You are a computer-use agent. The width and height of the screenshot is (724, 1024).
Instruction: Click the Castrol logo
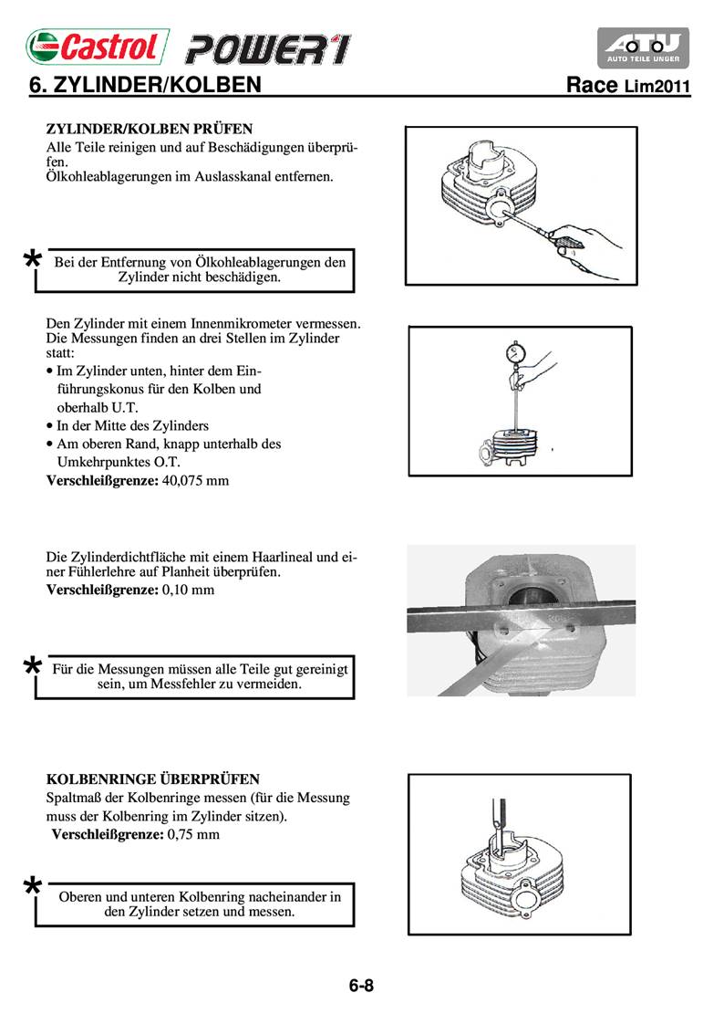pyautogui.click(x=97, y=46)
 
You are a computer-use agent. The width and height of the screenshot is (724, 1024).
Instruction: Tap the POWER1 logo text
pyautogui.click(x=267, y=47)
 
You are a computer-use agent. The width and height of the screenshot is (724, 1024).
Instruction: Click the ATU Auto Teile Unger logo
pyautogui.click(x=643, y=47)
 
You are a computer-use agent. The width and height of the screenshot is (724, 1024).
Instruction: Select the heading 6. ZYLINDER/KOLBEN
pyautogui.click(x=146, y=86)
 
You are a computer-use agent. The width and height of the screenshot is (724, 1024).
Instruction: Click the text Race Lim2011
pyautogui.click(x=628, y=87)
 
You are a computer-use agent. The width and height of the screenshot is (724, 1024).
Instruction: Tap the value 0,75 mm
pyautogui.click(x=194, y=833)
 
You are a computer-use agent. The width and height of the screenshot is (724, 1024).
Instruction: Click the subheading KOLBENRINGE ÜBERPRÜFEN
pyautogui.click(x=153, y=779)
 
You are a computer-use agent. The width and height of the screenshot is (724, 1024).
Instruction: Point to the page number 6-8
pyautogui.click(x=361, y=986)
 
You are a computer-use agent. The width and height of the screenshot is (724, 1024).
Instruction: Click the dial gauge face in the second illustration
pyautogui.click(x=515, y=351)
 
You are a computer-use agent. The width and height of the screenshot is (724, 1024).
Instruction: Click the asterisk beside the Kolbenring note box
pyautogui.click(x=32, y=889)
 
